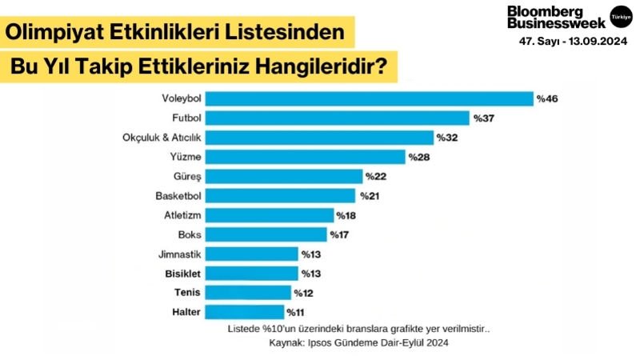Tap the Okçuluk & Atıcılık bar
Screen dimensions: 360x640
320,138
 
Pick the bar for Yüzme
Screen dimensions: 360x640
306,157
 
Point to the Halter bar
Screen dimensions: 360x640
245,312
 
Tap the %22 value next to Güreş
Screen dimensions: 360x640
375,176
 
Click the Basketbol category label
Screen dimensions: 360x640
178,195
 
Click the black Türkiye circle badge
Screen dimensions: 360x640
619,15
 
